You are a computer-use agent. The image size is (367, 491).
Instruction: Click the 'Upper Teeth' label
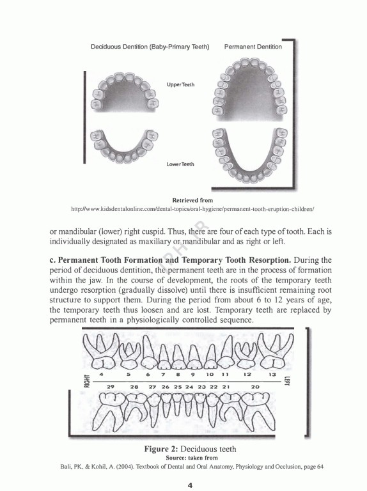tap(180, 85)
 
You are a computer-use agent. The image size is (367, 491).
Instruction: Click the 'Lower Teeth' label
tap(180, 164)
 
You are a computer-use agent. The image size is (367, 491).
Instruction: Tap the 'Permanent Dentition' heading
tap(253, 47)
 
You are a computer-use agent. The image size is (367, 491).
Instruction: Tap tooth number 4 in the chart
tap(102, 374)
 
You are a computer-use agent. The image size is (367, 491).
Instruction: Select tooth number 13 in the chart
tap(272, 374)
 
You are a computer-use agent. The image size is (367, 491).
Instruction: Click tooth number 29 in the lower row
tap(110, 387)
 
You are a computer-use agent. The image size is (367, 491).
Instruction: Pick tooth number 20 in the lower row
tap(255, 387)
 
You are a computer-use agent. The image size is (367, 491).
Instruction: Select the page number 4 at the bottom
tap(190, 485)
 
